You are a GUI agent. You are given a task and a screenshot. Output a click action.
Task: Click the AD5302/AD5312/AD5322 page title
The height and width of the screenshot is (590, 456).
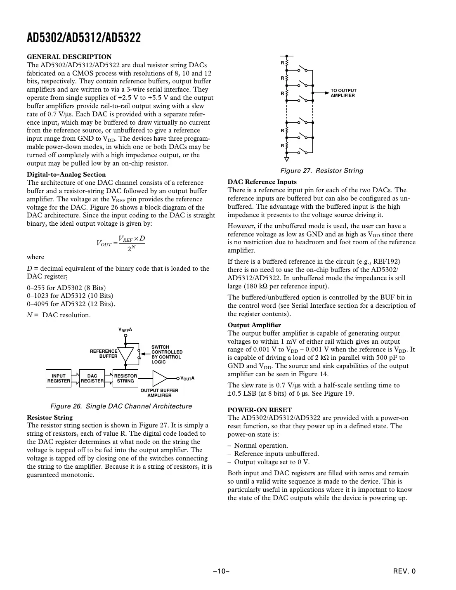[x=84, y=38]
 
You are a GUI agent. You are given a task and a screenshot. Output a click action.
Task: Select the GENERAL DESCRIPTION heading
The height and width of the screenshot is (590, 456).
[x=69, y=57]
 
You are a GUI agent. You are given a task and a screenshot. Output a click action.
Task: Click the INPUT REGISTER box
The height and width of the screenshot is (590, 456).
[x=59, y=378]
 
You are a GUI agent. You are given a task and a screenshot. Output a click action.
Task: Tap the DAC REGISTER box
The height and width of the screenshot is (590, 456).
[x=92, y=378]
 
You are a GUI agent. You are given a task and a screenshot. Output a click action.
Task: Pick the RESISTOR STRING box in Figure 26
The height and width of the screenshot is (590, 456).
[x=125, y=378]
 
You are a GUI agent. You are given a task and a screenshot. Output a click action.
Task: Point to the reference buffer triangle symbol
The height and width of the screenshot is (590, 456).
[x=125, y=354]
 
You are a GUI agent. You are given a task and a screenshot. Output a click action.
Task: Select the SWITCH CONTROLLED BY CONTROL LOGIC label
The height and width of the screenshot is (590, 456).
[x=167, y=354]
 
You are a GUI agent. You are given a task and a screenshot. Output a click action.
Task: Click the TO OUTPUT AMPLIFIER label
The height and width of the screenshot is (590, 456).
[x=343, y=93]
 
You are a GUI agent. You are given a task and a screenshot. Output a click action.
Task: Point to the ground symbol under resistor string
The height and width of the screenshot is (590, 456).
[x=286, y=159]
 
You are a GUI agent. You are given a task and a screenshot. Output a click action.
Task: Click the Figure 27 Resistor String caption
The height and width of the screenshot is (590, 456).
[x=321, y=171]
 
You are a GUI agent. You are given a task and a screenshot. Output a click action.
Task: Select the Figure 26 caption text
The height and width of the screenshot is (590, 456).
[x=121, y=406]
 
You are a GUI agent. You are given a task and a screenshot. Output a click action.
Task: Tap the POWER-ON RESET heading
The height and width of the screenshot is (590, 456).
[x=260, y=410]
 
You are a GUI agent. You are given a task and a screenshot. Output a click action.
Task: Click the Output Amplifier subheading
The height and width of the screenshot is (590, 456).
[x=254, y=325]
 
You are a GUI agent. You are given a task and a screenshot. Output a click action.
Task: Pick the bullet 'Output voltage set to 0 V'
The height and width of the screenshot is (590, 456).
[x=271, y=462]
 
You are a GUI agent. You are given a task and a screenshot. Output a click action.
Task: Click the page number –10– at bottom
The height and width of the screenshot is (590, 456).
[x=221, y=571]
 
